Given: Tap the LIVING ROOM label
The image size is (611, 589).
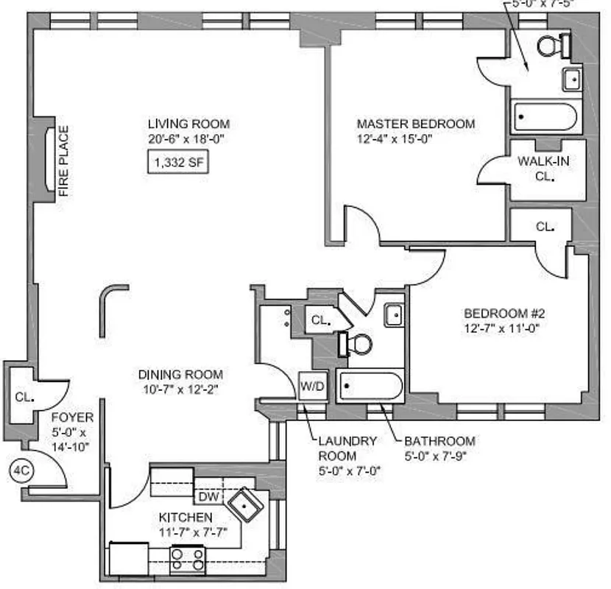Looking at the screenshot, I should pos(188,124).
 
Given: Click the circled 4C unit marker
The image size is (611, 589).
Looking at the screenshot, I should pos(19,468).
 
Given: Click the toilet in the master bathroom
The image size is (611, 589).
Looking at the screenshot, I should pos(551,46).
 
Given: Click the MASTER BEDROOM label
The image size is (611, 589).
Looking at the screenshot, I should pos(416,124).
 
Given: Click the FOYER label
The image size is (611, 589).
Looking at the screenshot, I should pos(73,418).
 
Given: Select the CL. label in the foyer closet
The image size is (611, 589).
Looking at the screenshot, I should pos(24,397).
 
